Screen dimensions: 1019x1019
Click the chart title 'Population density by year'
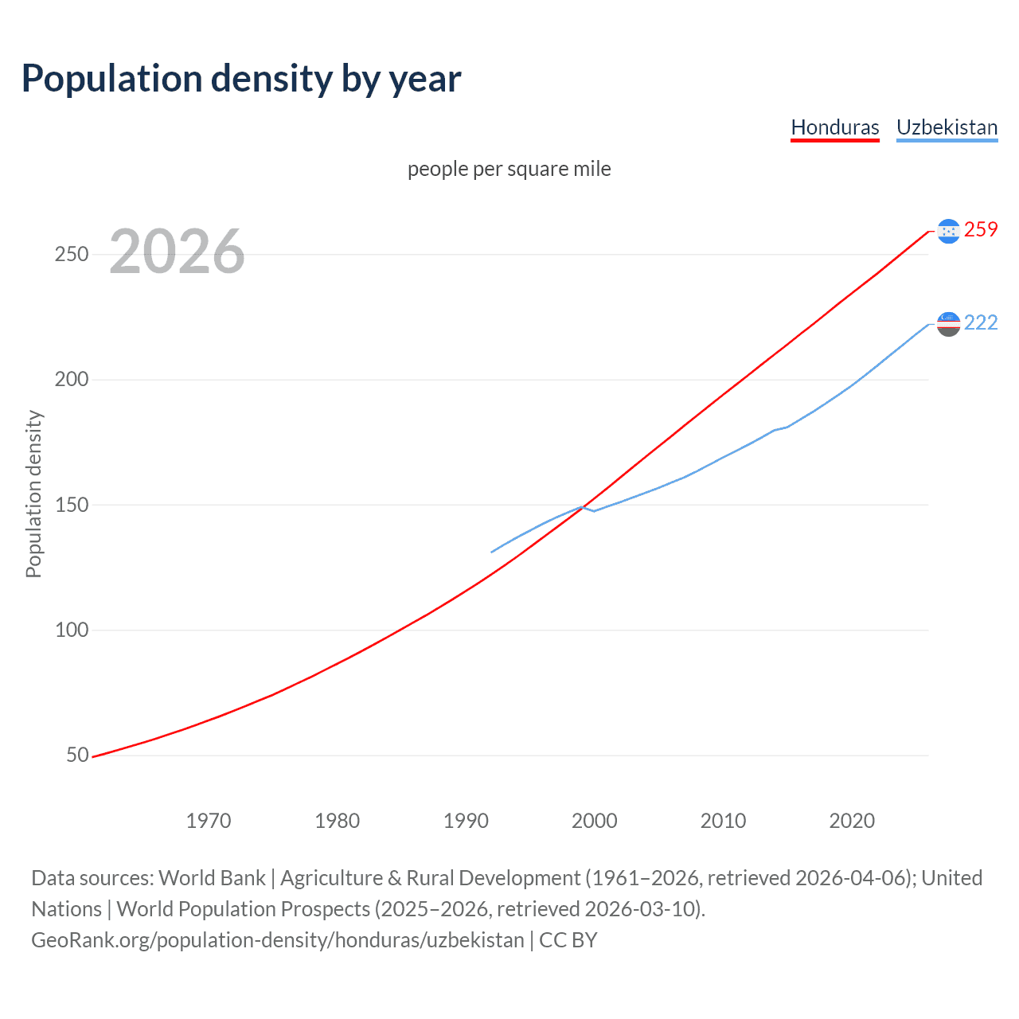241,79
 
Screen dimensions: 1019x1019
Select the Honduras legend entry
834,127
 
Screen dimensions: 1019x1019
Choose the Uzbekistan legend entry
947,127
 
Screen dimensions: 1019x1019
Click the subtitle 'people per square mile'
509,169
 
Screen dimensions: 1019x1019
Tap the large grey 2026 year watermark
177,252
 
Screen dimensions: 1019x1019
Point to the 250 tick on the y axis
71,255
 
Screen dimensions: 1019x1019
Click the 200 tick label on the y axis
71,380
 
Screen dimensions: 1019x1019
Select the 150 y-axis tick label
71,505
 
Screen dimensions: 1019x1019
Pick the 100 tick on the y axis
71,630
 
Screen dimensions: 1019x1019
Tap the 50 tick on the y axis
77,755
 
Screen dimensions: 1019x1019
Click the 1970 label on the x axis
209,821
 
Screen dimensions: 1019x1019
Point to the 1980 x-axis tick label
338,821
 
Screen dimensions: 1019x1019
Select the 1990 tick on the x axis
466,821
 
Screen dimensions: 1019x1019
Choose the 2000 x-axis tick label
595,821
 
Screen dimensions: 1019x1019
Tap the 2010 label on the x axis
723,821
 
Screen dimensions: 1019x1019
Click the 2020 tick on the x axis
852,821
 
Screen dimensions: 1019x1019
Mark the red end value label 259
981,230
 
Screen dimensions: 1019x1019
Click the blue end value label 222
981,322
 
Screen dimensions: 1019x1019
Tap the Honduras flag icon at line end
948,231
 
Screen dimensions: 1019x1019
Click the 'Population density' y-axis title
33,494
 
